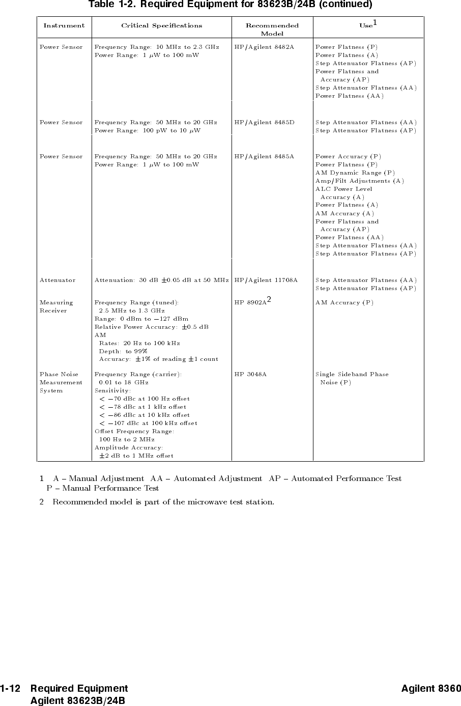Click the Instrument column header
64,25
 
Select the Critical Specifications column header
161,25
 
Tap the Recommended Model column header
272,29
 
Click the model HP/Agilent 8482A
264,47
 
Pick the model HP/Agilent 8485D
264,122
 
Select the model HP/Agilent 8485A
264,156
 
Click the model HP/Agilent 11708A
266,280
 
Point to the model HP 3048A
250,374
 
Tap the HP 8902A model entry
250,302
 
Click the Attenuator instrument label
57,280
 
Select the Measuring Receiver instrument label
56,306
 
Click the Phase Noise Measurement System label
61,382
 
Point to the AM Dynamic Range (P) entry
355,173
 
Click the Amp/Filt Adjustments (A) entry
359,181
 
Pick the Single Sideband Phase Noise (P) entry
352,378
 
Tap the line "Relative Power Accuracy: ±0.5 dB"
152,327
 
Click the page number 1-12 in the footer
10,689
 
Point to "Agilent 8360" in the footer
431,689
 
